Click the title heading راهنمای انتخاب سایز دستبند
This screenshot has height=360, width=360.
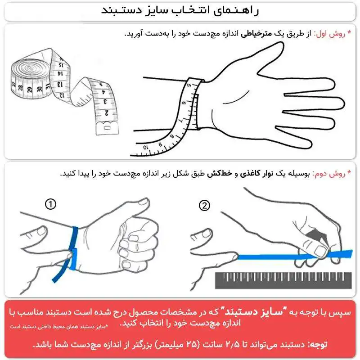coord(180,11)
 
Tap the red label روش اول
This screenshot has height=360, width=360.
coord(330,34)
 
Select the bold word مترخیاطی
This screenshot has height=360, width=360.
coord(256,34)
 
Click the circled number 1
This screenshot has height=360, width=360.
coord(51,205)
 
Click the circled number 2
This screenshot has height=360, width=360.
coord(205,206)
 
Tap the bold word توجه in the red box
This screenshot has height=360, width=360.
coord(318,344)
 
